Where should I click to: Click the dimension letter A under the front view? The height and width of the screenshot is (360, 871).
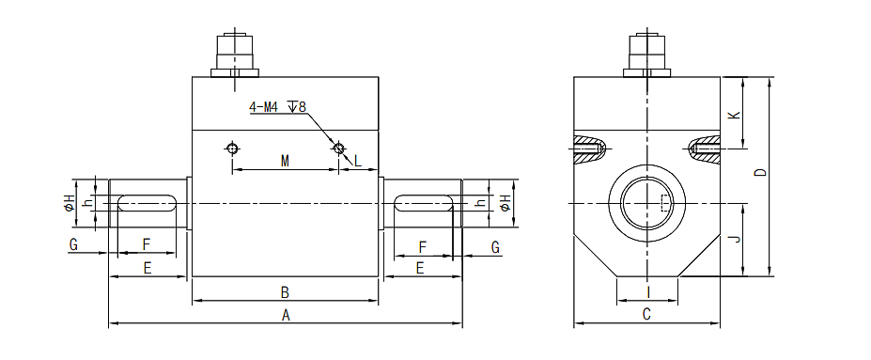pyautogui.click(x=286, y=316)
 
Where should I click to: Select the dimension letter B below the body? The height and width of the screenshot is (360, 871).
pyautogui.click(x=286, y=291)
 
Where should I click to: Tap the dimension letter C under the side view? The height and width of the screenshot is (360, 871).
pyautogui.click(x=646, y=315)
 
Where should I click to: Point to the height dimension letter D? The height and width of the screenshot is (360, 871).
pyautogui.click(x=761, y=173)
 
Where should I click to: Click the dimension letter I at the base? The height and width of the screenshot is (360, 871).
pyautogui.click(x=646, y=292)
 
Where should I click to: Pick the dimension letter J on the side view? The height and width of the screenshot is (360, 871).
pyautogui.click(x=736, y=240)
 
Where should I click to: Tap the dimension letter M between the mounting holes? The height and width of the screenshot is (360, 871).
pyautogui.click(x=285, y=162)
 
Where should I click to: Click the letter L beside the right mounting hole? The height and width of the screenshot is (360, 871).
pyautogui.click(x=357, y=162)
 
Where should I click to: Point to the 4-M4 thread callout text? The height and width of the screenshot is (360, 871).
pyautogui.click(x=278, y=107)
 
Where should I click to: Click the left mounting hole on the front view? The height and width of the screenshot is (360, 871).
pyautogui.click(x=232, y=148)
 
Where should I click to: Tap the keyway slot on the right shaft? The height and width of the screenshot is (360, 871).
pyautogui.click(x=426, y=202)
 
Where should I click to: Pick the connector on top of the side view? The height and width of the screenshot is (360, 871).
pyautogui.click(x=646, y=55)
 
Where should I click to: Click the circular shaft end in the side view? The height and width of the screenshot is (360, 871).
pyautogui.click(x=646, y=204)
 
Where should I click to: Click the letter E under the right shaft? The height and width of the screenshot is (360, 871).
pyautogui.click(x=420, y=268)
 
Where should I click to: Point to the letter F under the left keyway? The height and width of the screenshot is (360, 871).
pyautogui.click(x=147, y=244)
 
